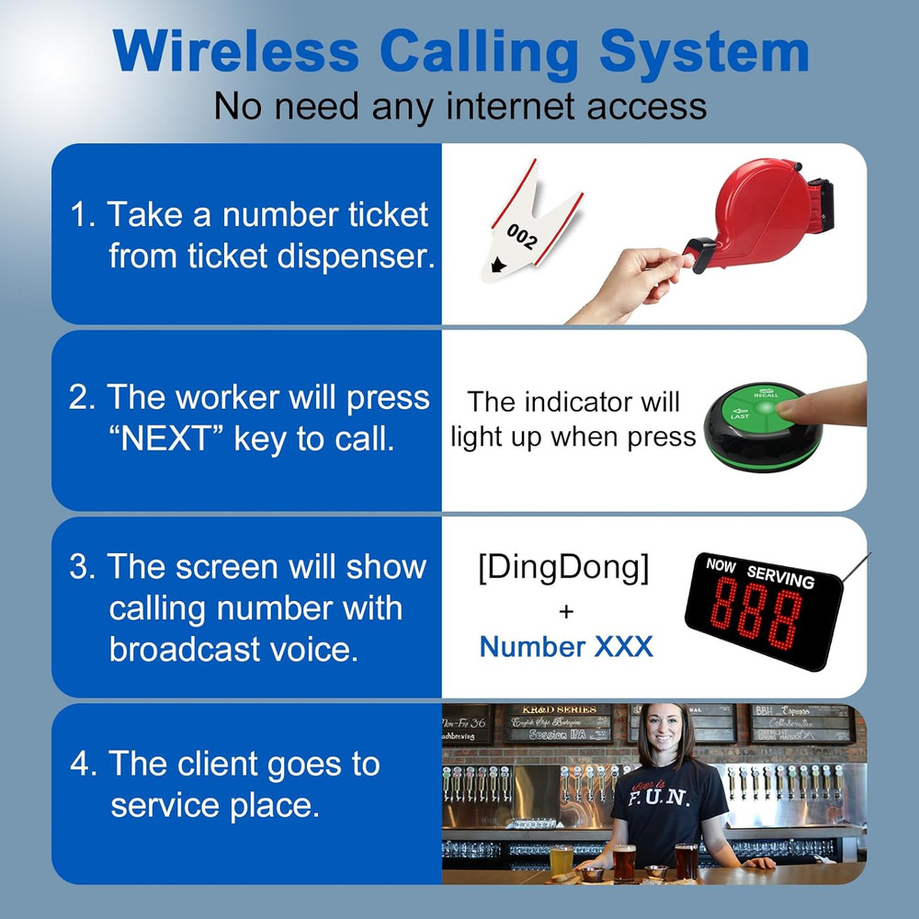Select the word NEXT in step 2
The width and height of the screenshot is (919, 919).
coord(164,438)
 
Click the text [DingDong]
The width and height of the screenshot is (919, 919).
coord(563,569)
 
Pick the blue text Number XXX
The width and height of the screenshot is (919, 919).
coord(566,646)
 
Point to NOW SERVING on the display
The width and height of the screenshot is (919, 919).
coord(760,573)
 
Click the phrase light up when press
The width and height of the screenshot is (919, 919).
coord(573,437)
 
